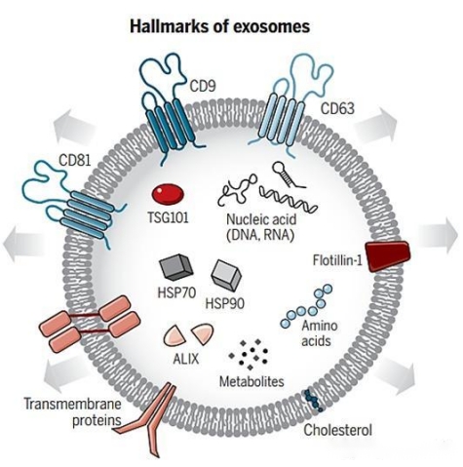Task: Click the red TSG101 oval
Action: (168, 195)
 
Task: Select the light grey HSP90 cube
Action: (226, 275)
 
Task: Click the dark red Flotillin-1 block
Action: (387, 255)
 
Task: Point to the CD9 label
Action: (203, 87)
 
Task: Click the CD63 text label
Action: (337, 108)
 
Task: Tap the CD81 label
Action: (75, 160)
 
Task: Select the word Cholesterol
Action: (337, 430)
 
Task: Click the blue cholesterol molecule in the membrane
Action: (313, 401)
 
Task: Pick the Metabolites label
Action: (251, 381)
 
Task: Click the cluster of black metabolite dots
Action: (249, 354)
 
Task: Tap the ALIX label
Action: (186, 359)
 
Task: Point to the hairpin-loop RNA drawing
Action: (288, 173)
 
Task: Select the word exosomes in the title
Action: (272, 26)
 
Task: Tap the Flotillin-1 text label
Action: (337, 260)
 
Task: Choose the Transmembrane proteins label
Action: (73, 412)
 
